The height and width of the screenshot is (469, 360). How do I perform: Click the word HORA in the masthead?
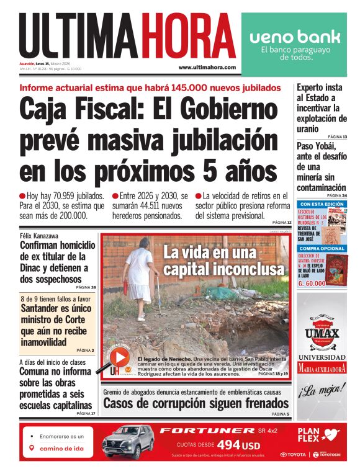(187, 37)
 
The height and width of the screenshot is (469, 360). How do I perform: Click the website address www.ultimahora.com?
(207, 67)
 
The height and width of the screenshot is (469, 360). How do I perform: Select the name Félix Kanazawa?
(43, 236)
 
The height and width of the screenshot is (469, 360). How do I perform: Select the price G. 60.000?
(312, 283)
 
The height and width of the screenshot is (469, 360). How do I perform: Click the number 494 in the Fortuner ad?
(227, 444)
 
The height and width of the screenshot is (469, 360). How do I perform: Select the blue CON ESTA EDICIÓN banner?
(321, 204)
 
